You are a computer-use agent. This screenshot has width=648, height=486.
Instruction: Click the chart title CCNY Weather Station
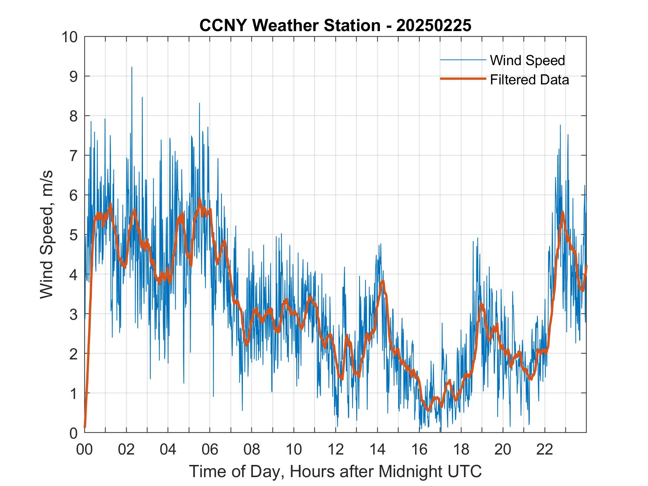pyautogui.click(x=290, y=26)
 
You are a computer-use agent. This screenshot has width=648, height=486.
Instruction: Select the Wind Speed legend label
pyautogui.click(x=527, y=60)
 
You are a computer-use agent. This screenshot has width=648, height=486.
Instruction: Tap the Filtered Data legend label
pyautogui.click(x=529, y=80)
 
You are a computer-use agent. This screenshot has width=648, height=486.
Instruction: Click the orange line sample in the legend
pyautogui.click(x=463, y=79)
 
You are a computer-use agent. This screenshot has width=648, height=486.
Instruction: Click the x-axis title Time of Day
pyautogui.click(x=335, y=472)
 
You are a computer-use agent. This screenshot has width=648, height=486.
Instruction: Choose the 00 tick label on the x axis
pyautogui.click(x=85, y=450)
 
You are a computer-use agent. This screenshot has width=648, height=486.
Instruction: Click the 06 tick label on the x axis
pyautogui.click(x=210, y=450)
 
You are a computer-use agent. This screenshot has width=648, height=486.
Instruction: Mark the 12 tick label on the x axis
pyautogui.click(x=335, y=450)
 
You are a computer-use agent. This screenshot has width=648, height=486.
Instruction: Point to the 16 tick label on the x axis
pyautogui.click(x=419, y=450)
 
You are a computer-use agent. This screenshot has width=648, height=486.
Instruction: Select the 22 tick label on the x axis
pyautogui.click(x=545, y=450)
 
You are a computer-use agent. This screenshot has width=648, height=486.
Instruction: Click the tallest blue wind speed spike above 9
pyautogui.click(x=132, y=68)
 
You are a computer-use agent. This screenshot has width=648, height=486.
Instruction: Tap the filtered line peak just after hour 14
pyautogui.click(x=383, y=281)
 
